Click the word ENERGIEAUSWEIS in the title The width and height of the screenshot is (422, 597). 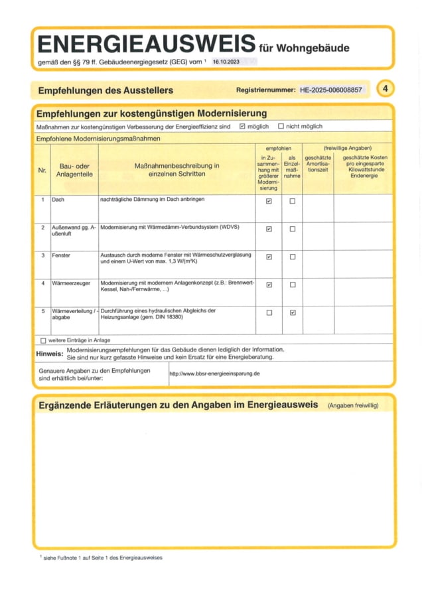coord(146,44)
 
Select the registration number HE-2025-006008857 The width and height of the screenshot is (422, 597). coord(331,90)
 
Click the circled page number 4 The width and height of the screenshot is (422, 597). coord(384,88)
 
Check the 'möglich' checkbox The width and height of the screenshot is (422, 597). coord(242,126)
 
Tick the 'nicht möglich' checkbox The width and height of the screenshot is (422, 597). coord(281,126)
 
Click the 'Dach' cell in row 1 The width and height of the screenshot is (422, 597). coord(58,200)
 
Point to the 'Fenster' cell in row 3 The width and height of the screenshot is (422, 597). coord(61,255)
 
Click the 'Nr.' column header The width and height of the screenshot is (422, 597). coord(42,170)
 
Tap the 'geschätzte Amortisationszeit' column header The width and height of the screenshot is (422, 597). coord(318,163)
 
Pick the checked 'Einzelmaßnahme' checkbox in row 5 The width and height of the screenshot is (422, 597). coord(293,312)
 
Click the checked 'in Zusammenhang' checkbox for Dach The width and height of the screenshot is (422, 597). coord(269,201)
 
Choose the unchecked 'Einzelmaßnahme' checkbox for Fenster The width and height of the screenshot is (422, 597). coord(293,257)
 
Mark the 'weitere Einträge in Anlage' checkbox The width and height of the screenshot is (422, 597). coord(43,340)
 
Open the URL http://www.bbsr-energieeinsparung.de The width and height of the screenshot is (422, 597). coord(214,373)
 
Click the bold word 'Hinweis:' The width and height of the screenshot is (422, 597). coord(50,354)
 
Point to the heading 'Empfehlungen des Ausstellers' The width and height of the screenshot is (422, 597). coord(105,90)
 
